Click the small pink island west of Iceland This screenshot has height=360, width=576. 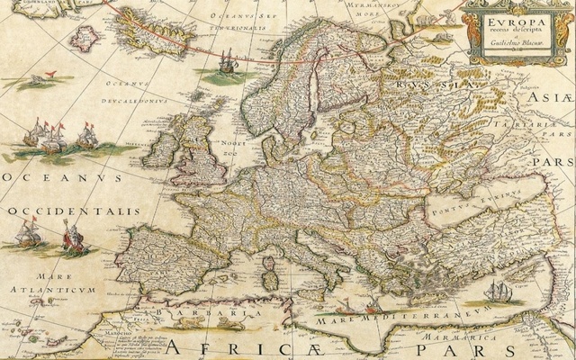(85, 38)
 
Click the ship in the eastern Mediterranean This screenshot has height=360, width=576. (498, 292)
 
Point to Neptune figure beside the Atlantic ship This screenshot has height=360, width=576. (72, 239)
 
